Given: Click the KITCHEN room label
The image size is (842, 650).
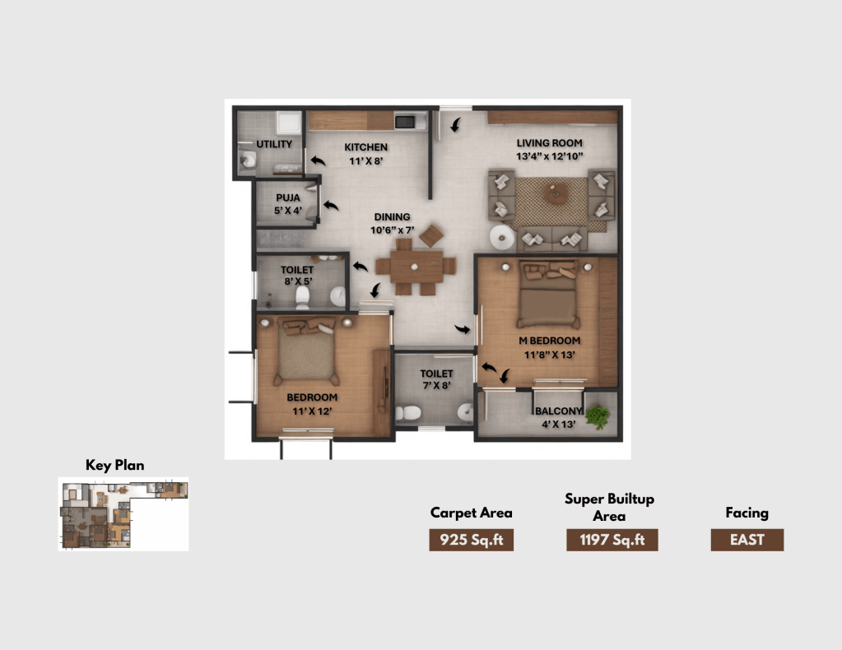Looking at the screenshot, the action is pyautogui.click(x=365, y=147).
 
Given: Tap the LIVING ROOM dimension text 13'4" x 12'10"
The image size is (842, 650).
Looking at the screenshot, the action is pyautogui.click(x=549, y=156).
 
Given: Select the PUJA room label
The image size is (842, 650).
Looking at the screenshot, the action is pyautogui.click(x=288, y=197).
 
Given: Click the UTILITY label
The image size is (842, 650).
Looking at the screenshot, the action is pyautogui.click(x=274, y=144).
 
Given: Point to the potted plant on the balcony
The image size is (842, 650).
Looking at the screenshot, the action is pyautogui.click(x=597, y=416).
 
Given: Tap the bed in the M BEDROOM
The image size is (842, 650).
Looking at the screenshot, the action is pyautogui.click(x=548, y=294).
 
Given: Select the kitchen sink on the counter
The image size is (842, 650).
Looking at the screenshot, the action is pyautogui.click(x=404, y=121).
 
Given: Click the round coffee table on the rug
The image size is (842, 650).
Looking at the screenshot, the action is pyautogui.click(x=556, y=193).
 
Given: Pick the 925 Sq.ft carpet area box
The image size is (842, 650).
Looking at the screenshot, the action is pyautogui.click(x=472, y=540).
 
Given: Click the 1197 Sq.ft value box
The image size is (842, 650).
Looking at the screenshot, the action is pyautogui.click(x=612, y=540).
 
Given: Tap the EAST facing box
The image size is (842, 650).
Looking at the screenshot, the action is pyautogui.click(x=747, y=540).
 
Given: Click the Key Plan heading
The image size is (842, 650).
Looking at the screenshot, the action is pyautogui.click(x=115, y=466).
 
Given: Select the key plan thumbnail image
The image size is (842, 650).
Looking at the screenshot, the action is pyautogui.click(x=123, y=514).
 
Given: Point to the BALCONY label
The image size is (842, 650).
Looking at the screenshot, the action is pyautogui.click(x=559, y=411).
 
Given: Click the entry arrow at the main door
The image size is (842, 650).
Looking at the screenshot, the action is pyautogui.click(x=456, y=124).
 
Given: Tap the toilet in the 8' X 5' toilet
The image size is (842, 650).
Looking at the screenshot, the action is pyautogui.click(x=302, y=298).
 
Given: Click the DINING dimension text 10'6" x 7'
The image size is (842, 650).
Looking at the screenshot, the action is pyautogui.click(x=392, y=230).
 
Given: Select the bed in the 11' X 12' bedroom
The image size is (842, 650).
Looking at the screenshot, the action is pyautogui.click(x=307, y=351).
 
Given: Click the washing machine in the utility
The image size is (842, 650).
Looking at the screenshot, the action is pyautogui.click(x=288, y=123).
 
